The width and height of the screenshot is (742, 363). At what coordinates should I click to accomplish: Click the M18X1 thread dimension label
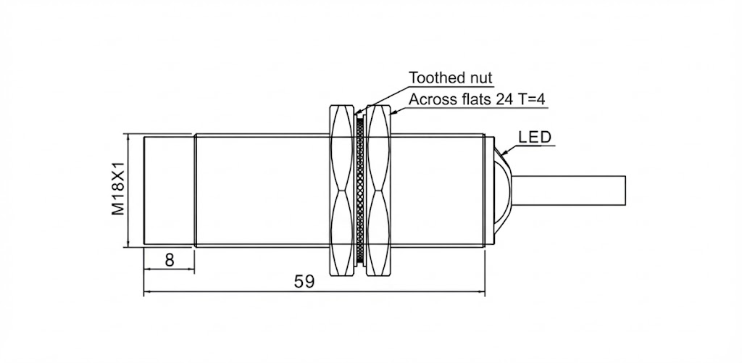118,190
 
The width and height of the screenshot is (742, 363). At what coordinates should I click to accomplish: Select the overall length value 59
305,283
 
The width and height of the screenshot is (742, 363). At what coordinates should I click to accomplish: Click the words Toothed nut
450,78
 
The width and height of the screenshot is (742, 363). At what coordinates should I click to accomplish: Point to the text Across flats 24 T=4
476,99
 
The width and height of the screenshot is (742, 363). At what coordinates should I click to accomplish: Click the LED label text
535,137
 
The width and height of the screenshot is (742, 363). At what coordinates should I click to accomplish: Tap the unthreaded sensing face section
170,190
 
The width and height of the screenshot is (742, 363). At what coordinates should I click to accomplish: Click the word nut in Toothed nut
478,78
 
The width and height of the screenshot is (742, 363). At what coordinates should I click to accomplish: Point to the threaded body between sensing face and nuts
261,190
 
